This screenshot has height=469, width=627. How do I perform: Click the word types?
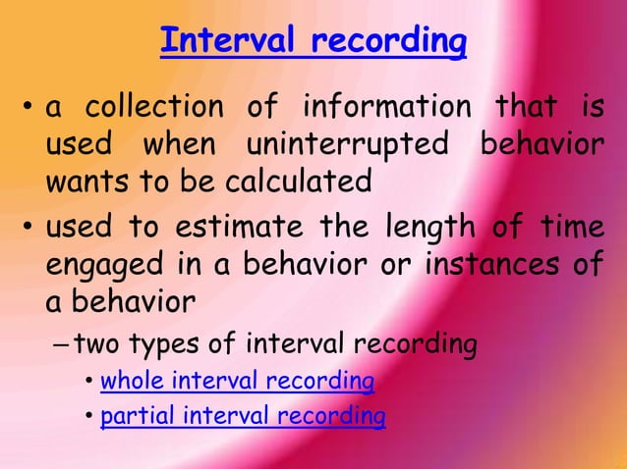(160, 344)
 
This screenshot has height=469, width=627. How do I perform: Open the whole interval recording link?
(237, 380)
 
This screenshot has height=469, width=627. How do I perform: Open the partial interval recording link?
(243, 416)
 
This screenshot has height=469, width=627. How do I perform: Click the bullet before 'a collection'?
(27, 106)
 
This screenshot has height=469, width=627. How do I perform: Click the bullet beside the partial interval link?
(89, 417)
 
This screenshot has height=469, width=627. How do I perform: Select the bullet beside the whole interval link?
(89, 381)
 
